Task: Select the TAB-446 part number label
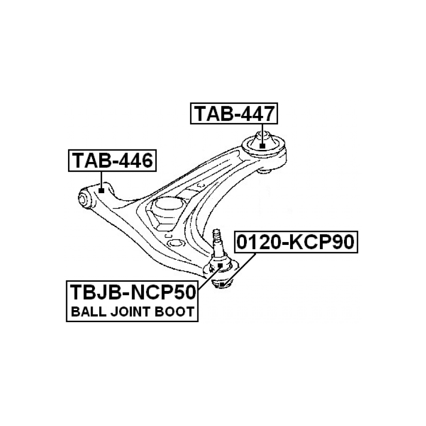point(112,161)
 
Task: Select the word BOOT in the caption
point(175,312)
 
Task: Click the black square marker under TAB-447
point(262,146)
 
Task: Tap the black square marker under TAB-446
point(101,190)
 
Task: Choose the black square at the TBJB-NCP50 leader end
point(221,265)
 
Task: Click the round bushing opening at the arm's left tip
point(84,199)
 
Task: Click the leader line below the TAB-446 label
point(101,179)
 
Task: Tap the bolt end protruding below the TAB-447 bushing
point(264,170)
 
